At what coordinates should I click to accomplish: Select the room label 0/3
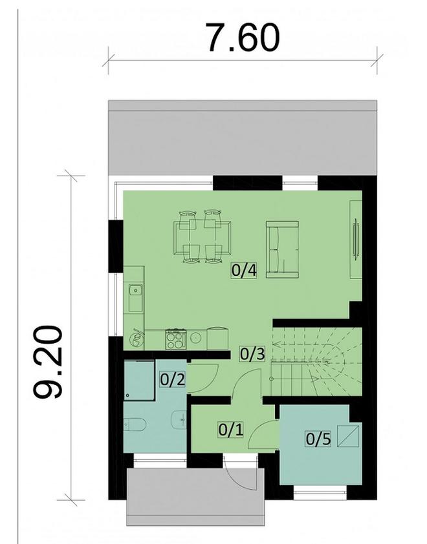coord(252,353)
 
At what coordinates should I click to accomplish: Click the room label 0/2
coord(173,377)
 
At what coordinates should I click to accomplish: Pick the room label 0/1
coord(231,428)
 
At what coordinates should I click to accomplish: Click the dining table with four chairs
coord(202,237)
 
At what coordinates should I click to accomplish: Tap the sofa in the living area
coord(282,249)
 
